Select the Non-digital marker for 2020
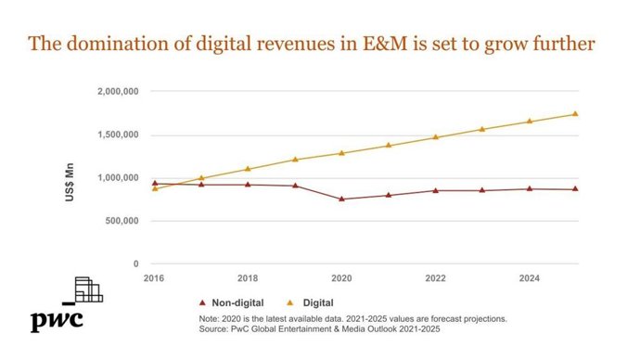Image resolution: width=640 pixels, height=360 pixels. pyautogui.click(x=341, y=199)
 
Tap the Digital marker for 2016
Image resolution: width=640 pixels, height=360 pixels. pyautogui.click(x=154, y=188)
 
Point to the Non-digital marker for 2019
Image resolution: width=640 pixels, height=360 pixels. pyautogui.click(x=295, y=186)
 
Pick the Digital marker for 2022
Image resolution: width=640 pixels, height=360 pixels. pyautogui.click(x=435, y=137)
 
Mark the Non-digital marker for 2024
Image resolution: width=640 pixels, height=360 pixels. pyautogui.click(x=529, y=188)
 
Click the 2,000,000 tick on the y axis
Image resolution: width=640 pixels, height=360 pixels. pyautogui.click(x=118, y=92)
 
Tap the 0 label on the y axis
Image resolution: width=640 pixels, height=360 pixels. pyautogui.click(x=136, y=264)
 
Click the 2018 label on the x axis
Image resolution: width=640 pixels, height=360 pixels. pyautogui.click(x=248, y=277)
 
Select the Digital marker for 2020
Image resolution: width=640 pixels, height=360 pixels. pyautogui.click(x=341, y=153)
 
